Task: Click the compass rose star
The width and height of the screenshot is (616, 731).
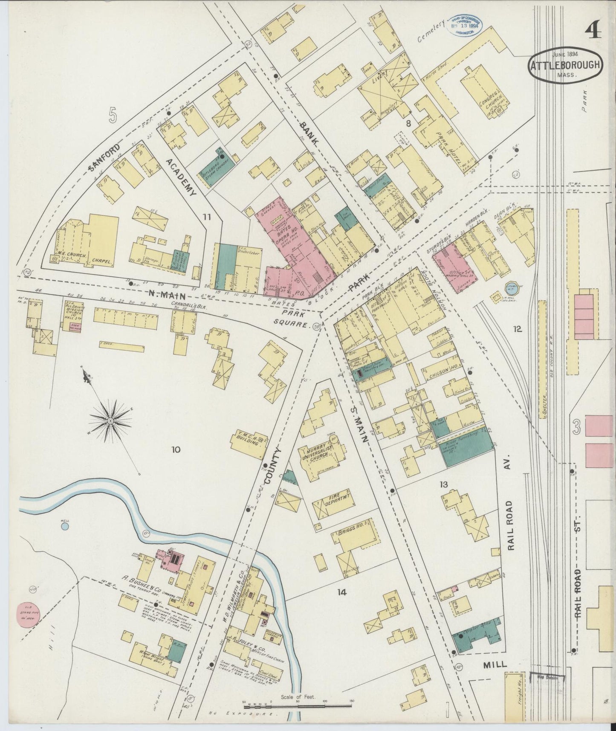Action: [x=110, y=420]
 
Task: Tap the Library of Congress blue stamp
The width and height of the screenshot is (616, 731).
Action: [x=466, y=26]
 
